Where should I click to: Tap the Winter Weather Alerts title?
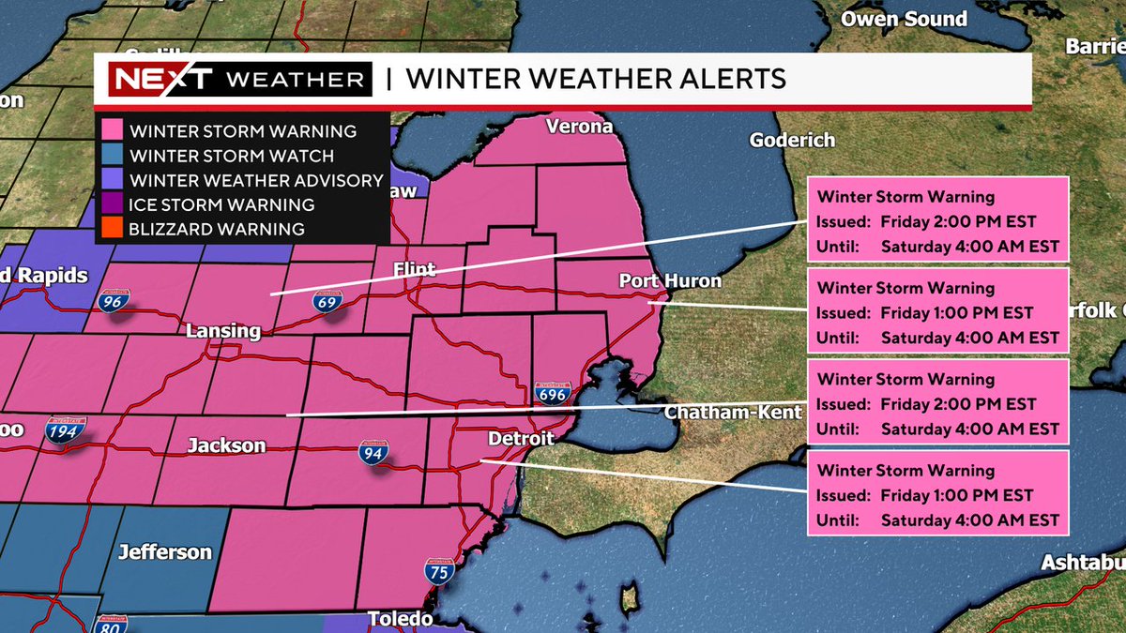[596, 79]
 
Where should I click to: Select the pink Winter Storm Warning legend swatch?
[115, 131]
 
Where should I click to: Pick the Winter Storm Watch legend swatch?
[115, 156]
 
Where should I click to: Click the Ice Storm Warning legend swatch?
[115, 204]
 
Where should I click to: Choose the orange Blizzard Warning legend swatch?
[115, 229]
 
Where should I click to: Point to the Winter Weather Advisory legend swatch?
[115, 180]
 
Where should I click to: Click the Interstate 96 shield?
[111, 301]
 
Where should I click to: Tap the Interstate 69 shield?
[327, 301]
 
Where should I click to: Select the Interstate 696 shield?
[553, 393]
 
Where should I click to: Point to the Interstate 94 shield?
[371, 454]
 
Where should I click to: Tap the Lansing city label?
[223, 331]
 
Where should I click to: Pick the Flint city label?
[414, 270]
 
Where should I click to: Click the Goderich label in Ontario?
[792, 140]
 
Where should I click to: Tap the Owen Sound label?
[904, 19]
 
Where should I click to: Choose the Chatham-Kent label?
[734, 412]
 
